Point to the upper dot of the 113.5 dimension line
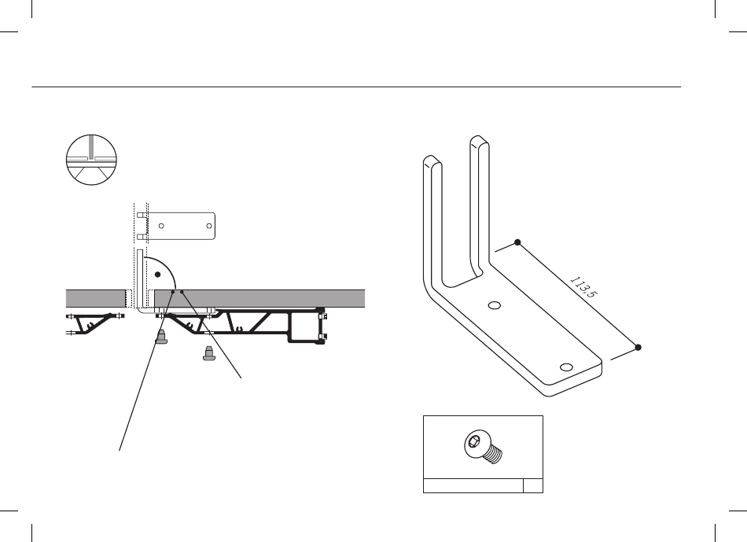click(517, 242)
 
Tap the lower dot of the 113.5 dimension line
click(638, 347)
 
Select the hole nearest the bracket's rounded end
click(567, 367)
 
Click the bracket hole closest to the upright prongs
click(495, 305)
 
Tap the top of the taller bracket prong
click(476, 142)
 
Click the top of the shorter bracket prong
click(429, 160)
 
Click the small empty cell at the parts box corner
click(533, 485)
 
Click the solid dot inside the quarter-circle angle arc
click(157, 275)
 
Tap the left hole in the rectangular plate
click(161, 226)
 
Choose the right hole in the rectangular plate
click(208, 226)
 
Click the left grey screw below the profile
click(162, 337)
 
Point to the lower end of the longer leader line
click(120, 450)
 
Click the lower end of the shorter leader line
click(241, 379)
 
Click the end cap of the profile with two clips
click(320, 324)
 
